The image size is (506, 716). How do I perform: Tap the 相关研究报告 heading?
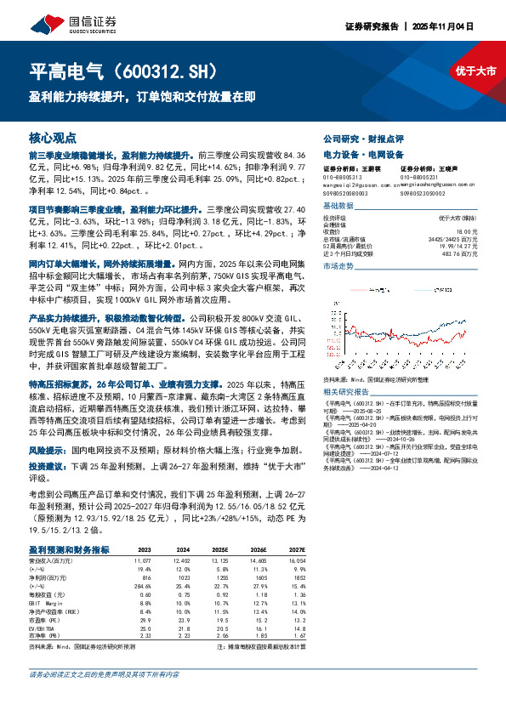347,391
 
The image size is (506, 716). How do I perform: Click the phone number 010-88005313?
342,176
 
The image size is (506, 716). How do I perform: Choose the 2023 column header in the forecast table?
144,550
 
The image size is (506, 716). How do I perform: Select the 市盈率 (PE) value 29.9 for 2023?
145,621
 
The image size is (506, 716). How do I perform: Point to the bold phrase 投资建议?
48,467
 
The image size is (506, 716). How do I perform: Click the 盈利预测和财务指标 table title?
68,550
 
